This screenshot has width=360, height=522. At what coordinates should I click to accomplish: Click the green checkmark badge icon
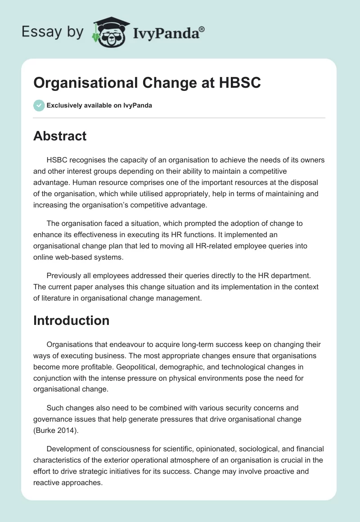(39, 105)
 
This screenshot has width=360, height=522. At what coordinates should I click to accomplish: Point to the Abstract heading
(60, 136)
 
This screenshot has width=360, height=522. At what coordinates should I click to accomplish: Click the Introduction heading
(71, 320)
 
